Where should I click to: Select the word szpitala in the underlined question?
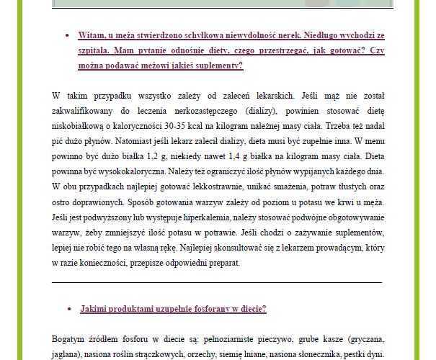pyautogui.click(x=99, y=50)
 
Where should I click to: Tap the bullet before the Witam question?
pyautogui.click(x=68, y=35)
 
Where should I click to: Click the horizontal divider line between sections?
pyautogui.click(x=217, y=282)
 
